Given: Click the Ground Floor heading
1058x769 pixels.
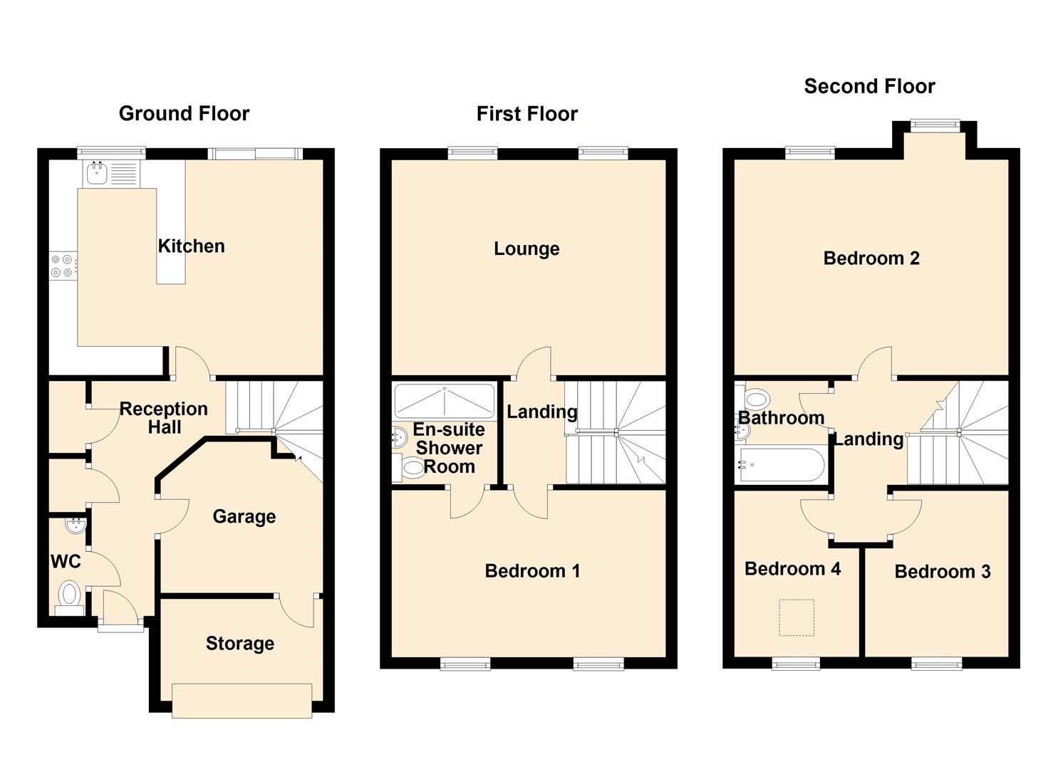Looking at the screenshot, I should [184, 113].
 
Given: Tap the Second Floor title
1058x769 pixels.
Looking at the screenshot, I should [868, 86].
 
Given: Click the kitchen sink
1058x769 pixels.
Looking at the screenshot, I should [95, 172].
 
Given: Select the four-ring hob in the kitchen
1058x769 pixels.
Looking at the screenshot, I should [61, 266].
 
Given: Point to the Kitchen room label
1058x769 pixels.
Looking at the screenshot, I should [191, 246].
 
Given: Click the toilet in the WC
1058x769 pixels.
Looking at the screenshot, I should [69, 595].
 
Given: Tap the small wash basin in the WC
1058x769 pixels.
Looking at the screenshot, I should [75, 526].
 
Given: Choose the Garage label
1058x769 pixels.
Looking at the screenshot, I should [244, 516].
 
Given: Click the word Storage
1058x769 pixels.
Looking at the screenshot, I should [239, 643].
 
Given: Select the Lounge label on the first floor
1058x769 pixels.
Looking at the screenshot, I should [527, 249].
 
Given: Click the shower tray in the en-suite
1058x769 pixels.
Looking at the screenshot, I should [444, 402].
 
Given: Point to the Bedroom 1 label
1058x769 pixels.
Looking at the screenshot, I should [531, 570].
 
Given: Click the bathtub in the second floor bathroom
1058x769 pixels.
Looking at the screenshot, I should [782, 465].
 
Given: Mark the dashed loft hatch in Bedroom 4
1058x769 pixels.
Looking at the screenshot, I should [796, 617].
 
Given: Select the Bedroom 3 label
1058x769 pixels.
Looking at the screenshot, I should [942, 571].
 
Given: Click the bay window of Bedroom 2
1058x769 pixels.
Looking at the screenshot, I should [935, 126].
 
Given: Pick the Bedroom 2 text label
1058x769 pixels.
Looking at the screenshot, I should [871, 258].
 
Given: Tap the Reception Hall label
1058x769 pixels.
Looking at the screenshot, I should [164, 418].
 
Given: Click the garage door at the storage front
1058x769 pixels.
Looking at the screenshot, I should [242, 700].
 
